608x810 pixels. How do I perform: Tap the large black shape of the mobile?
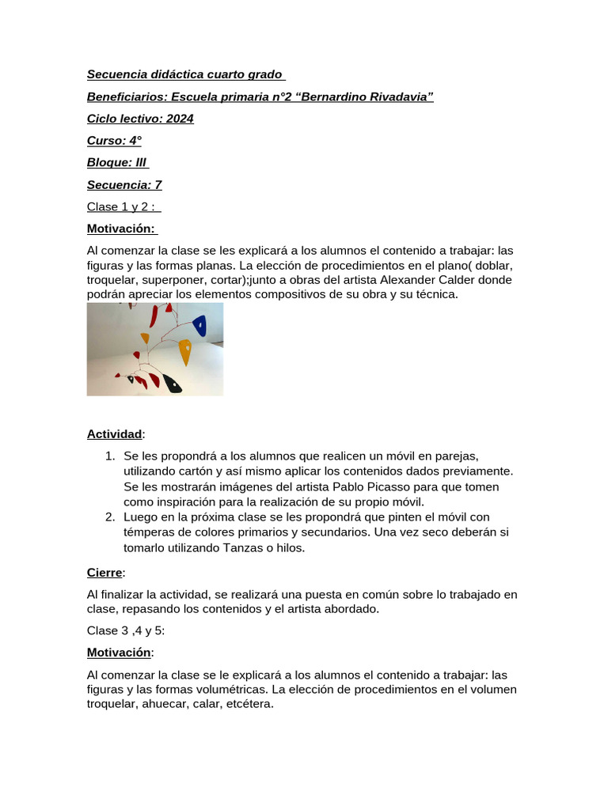point(171,384)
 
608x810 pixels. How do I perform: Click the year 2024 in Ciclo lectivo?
point(180,119)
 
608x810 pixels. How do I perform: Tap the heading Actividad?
point(115,434)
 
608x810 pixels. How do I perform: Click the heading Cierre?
point(104,572)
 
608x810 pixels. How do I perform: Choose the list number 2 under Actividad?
point(110,517)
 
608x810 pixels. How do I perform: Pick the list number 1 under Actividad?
point(110,456)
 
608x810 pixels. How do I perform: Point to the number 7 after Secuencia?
point(158,185)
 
